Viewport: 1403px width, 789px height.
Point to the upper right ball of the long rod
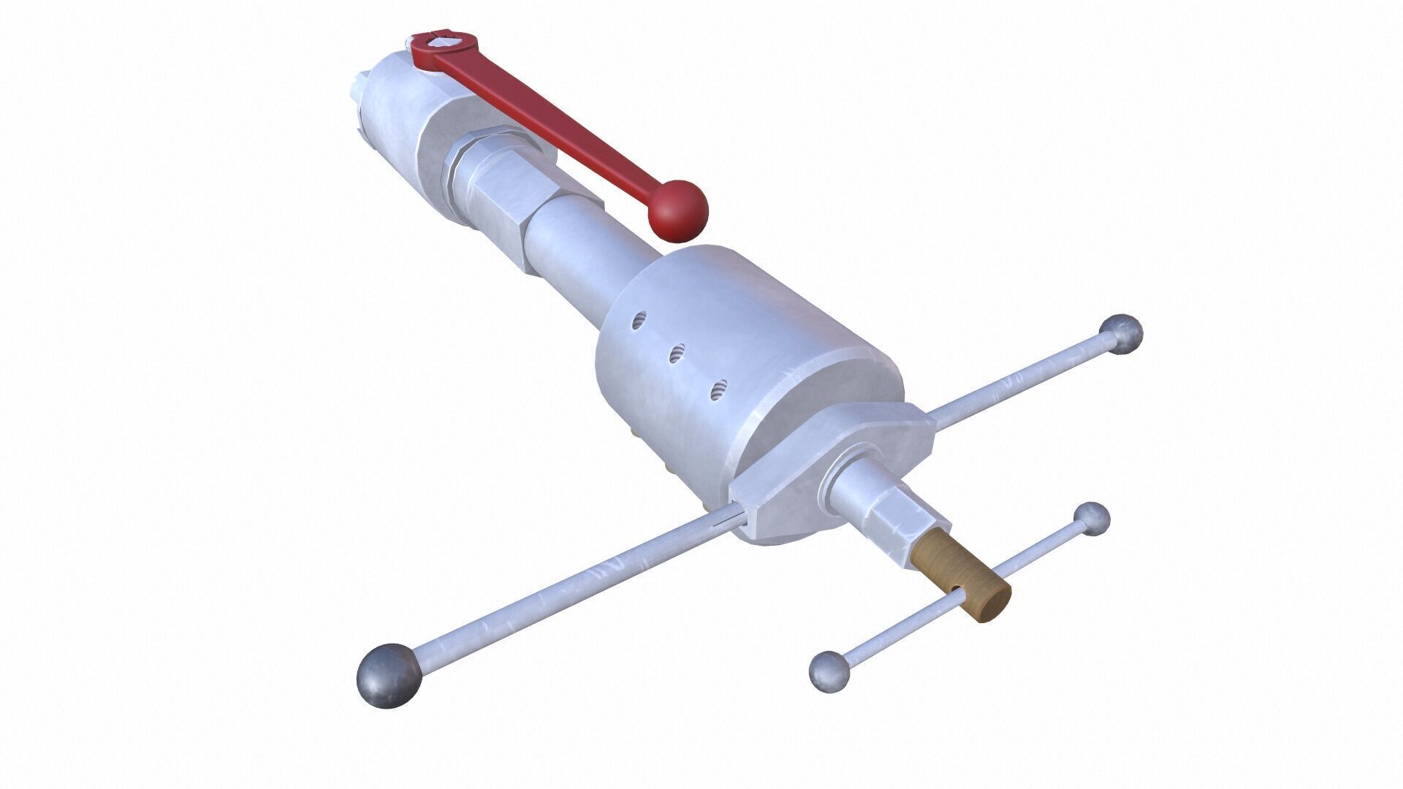(x=1122, y=335)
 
